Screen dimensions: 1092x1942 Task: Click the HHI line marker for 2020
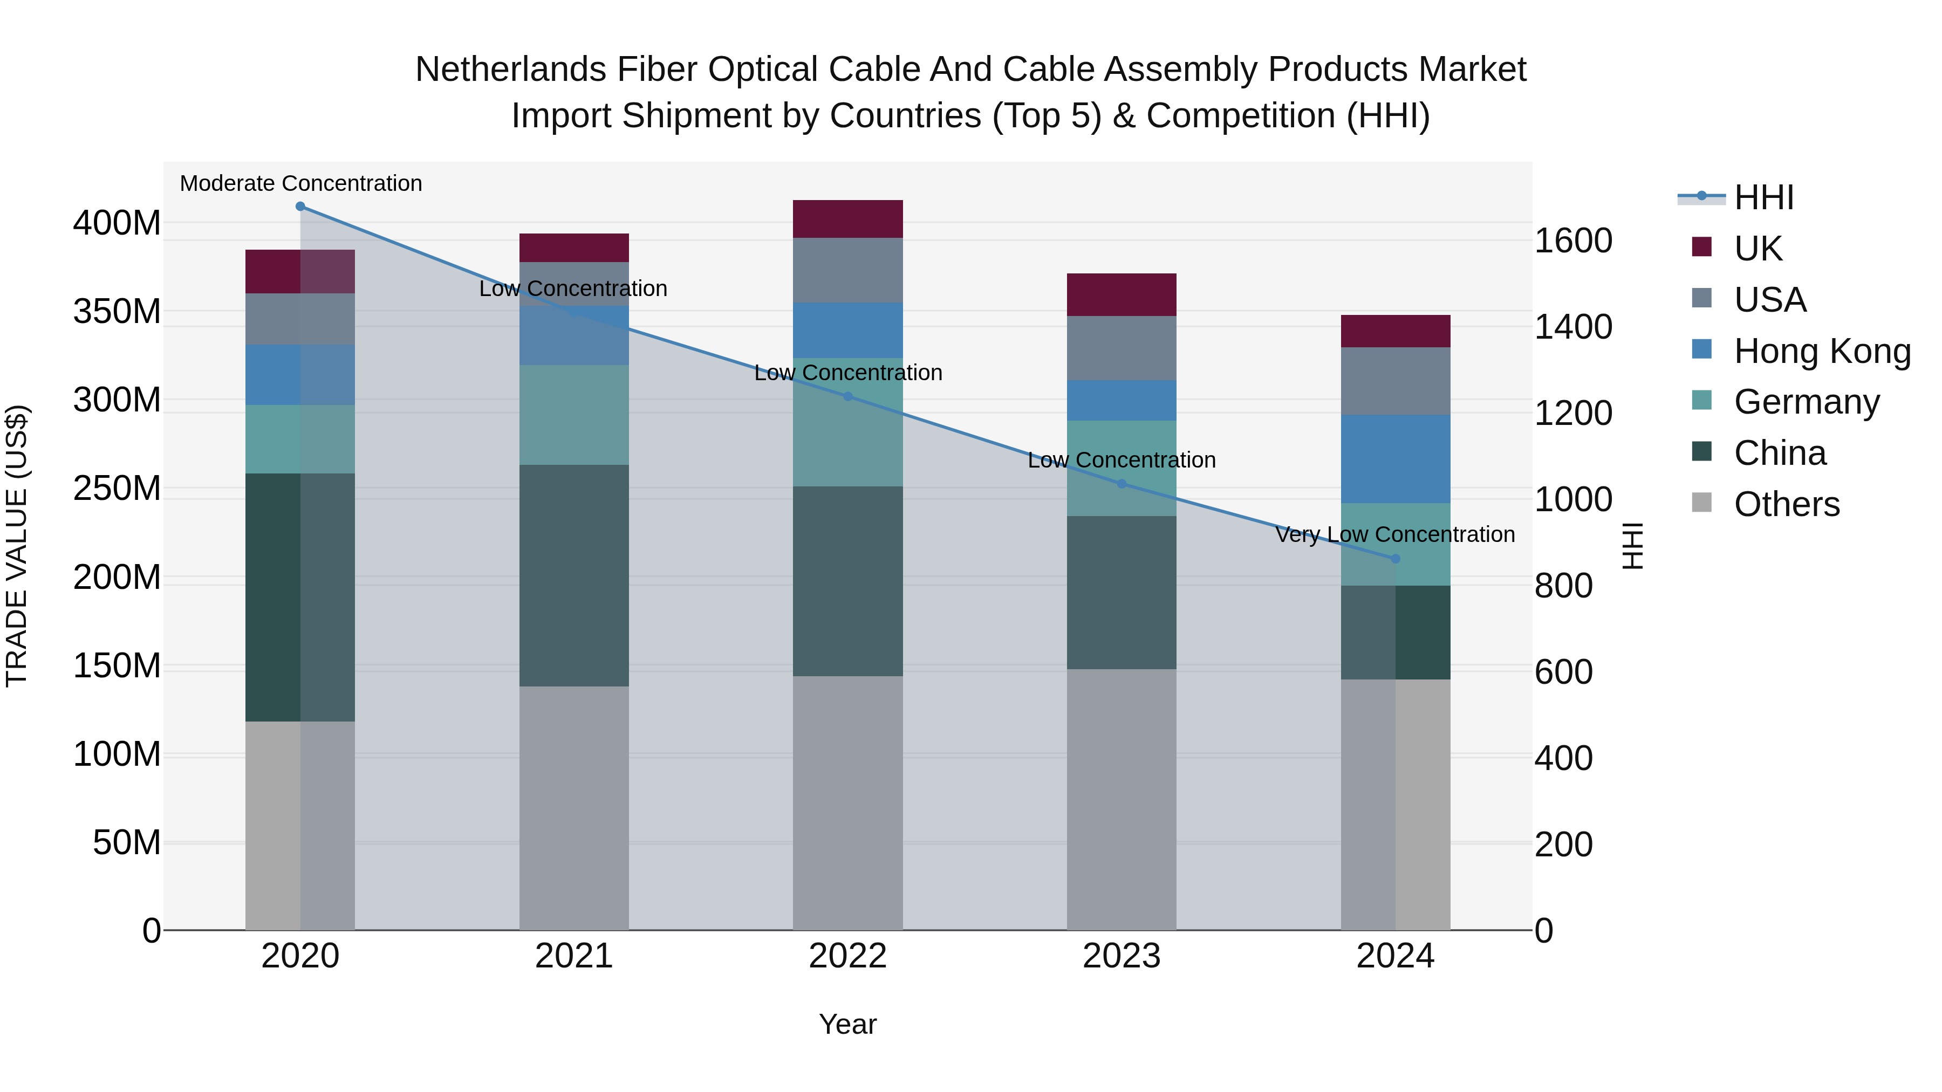pyautogui.click(x=300, y=207)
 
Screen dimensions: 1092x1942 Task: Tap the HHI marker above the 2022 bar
pyautogui.click(x=847, y=396)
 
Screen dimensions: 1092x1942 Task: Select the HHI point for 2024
pyautogui.click(x=1394, y=559)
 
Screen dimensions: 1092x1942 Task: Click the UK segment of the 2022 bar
pyautogui.click(x=847, y=219)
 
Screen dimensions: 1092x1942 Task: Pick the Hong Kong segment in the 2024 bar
pyautogui.click(x=1394, y=459)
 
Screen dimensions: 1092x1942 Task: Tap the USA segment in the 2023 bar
pyautogui.click(x=1121, y=348)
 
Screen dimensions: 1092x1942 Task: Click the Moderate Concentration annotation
pyautogui.click(x=301, y=184)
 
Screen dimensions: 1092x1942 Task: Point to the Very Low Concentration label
pyautogui.click(x=1394, y=535)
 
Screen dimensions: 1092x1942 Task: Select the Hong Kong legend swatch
pyautogui.click(x=1701, y=349)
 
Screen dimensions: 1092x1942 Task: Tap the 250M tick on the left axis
pyautogui.click(x=117, y=489)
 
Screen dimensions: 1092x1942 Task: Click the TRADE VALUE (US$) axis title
pyautogui.click(x=17, y=546)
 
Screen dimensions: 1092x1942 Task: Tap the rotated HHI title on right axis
pyautogui.click(x=1633, y=546)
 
